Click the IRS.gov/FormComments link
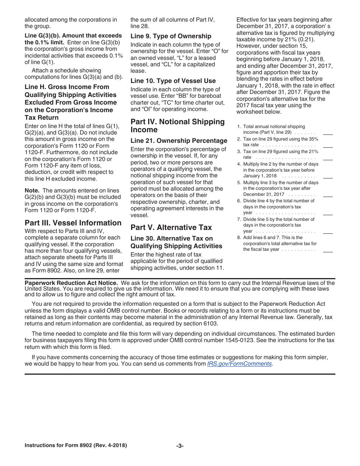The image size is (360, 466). [239, 364]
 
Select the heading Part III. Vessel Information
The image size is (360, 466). [73, 223]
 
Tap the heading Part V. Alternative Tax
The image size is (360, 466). [171, 227]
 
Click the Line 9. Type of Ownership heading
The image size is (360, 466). [171, 36]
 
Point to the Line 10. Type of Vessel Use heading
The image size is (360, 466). [173, 81]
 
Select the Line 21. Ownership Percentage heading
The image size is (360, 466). [179, 141]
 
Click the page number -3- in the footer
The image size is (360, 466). [180, 446]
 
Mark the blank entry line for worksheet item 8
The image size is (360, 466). [328, 252]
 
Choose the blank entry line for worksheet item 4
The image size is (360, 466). [328, 178]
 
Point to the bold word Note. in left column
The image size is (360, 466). [32, 191]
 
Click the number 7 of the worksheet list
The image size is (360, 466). [239, 219]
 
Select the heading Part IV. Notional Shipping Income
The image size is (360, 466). [178, 125]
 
